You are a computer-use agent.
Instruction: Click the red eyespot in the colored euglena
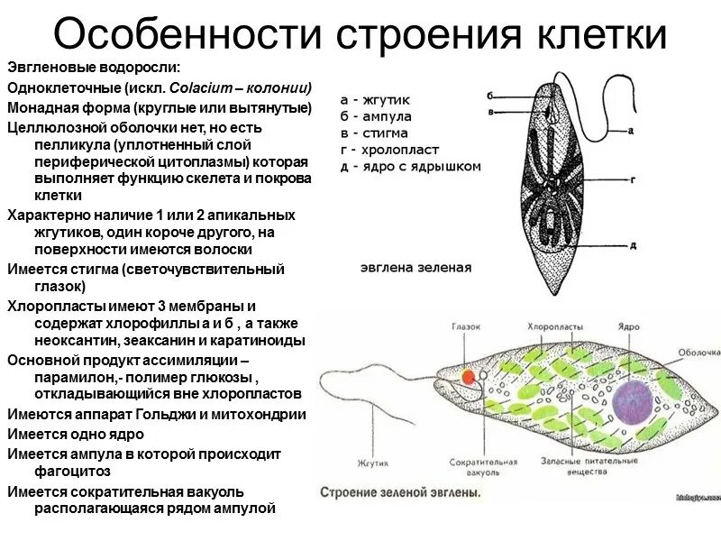(467, 376)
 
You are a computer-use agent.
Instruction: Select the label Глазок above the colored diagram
(468, 326)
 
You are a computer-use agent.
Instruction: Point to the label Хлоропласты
(552, 326)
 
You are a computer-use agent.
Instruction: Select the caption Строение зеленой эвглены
(400, 493)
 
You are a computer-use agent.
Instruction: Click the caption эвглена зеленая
(415, 268)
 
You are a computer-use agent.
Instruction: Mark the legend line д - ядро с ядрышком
(410, 167)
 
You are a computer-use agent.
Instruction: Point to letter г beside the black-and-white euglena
(633, 179)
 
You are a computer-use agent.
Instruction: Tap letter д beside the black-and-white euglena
(633, 244)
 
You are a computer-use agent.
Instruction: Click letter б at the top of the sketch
(489, 95)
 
